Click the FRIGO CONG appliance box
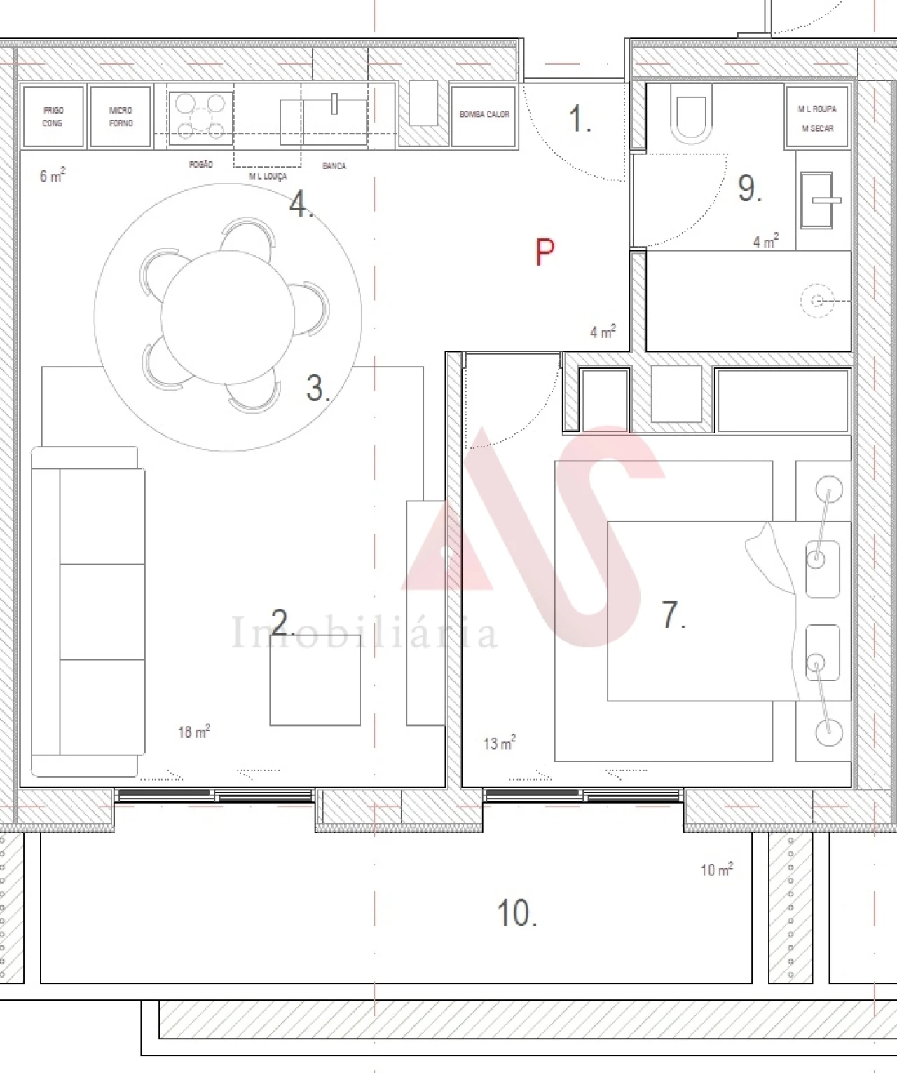53,116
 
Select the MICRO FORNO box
121,116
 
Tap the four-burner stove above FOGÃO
200,116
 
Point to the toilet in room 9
691,112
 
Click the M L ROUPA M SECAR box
817,116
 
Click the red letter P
545,252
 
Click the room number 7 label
673,615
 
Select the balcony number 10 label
516,913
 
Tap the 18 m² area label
194,732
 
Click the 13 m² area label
500,742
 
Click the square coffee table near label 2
315,680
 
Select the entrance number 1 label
579,119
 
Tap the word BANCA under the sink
334,166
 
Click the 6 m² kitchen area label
53,175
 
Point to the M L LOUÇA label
268,177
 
